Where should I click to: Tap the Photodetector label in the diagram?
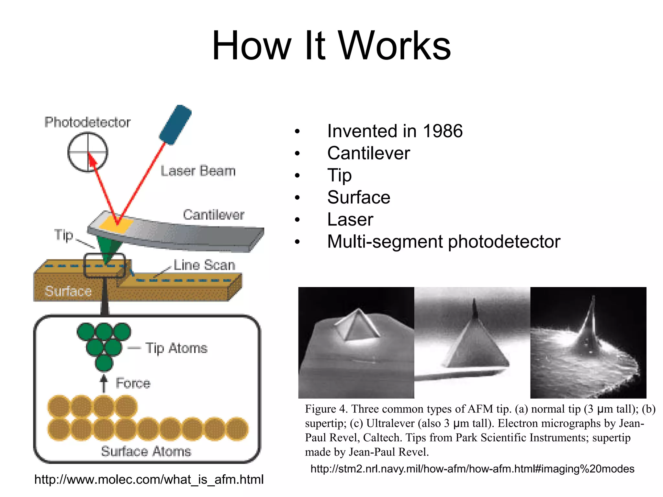point(87,122)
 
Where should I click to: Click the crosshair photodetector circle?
point(87,152)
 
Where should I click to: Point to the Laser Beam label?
point(198,171)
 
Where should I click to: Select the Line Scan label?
point(204,265)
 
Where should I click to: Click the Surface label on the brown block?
point(68,291)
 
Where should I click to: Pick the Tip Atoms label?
point(176,348)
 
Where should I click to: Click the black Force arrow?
point(104,383)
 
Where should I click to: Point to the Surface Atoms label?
point(146,451)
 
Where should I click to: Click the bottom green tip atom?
point(104,363)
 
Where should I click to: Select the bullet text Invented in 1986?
point(395,131)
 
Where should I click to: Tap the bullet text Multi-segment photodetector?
point(444,242)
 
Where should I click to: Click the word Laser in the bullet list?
point(350,219)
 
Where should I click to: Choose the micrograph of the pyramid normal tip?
point(356,342)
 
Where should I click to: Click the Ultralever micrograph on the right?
point(588,342)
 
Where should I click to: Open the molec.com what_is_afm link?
point(149,479)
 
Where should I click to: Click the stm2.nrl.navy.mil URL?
point(472,469)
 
